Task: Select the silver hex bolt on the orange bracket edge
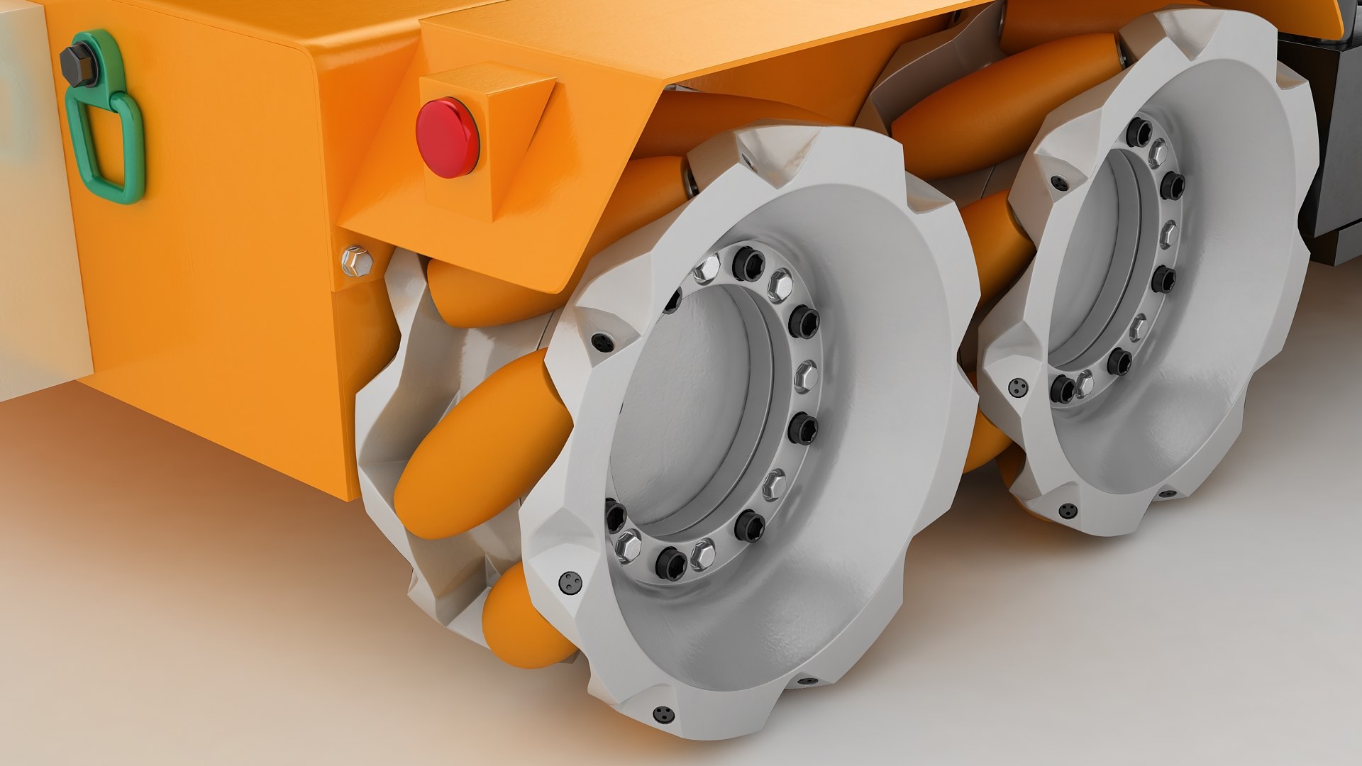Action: (x=358, y=260)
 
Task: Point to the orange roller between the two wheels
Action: (x=993, y=234)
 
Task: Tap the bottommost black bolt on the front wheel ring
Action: (x=670, y=564)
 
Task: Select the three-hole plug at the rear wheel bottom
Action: (x=1066, y=510)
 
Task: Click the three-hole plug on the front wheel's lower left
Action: (x=569, y=582)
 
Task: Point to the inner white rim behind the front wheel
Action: (x=397, y=397)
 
